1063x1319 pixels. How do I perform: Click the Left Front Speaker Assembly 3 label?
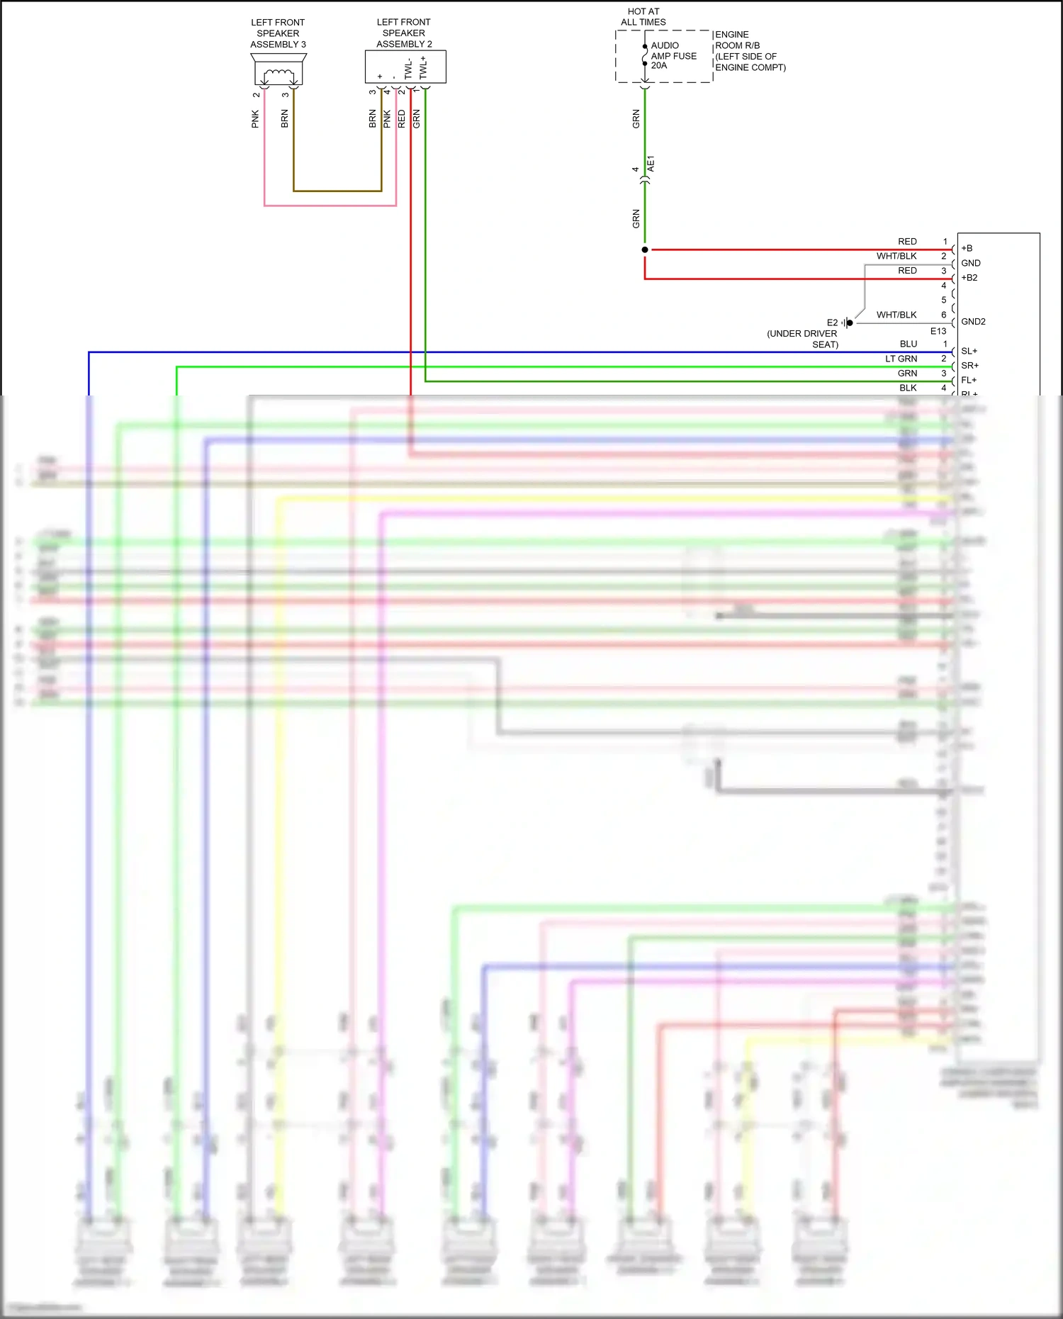(x=278, y=33)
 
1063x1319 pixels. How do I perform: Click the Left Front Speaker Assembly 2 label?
(x=404, y=33)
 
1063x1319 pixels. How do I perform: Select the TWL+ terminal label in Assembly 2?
(x=423, y=67)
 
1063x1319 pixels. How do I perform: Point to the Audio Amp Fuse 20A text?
(x=673, y=55)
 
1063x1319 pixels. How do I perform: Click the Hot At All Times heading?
(x=643, y=17)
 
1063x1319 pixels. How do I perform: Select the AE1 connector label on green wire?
(x=651, y=164)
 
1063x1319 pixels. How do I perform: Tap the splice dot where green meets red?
(x=644, y=249)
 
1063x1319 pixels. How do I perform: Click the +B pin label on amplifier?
(x=967, y=249)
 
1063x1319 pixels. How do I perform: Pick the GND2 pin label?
(x=973, y=322)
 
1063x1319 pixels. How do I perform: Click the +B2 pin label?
(x=969, y=278)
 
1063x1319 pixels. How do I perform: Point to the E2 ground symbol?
(x=848, y=322)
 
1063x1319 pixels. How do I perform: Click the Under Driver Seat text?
(x=803, y=339)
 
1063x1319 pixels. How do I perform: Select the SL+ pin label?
(x=969, y=352)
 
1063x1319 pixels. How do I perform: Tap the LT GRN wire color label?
(x=901, y=359)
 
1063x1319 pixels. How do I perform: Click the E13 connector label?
(x=938, y=331)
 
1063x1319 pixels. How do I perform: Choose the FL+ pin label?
(x=969, y=381)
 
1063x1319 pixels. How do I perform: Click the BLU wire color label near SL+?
(x=908, y=344)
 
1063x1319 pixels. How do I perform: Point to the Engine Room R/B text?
(x=750, y=51)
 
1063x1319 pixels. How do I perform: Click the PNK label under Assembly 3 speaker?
(x=255, y=119)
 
